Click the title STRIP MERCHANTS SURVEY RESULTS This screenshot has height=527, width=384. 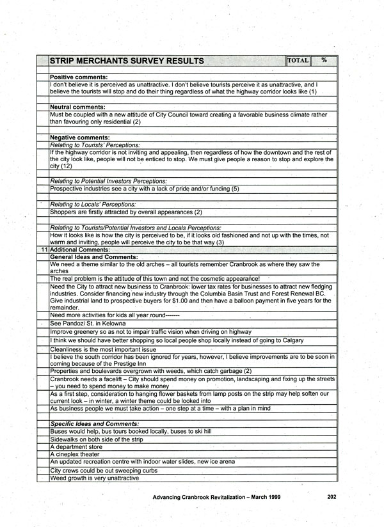pyautogui.click(x=127, y=61)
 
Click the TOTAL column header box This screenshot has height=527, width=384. pyautogui.click(x=298, y=60)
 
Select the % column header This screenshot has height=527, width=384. pyautogui.click(x=324, y=60)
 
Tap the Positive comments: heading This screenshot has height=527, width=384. pyautogui.click(x=79, y=77)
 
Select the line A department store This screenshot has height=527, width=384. pyautogui.click(x=76, y=446)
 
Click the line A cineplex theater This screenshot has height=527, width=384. pyautogui.click(x=74, y=454)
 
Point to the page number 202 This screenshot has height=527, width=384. pyautogui.click(x=332, y=496)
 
